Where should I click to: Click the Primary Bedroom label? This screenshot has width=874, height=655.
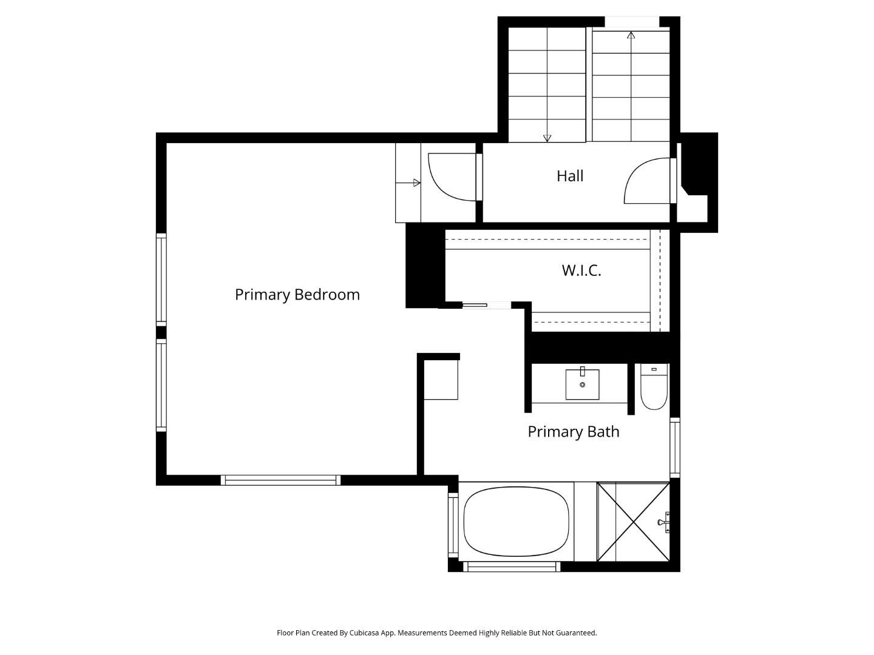coord(297,295)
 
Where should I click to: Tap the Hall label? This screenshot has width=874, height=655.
coord(570,176)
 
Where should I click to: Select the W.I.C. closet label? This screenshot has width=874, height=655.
coord(581,270)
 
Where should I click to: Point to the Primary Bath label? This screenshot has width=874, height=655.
coord(573,432)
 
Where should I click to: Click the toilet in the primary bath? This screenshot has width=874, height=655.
coord(654,388)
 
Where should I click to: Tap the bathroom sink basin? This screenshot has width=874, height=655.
coord(582,385)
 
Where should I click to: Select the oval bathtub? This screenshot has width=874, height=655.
coord(517,521)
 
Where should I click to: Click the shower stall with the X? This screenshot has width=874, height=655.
coord(633,522)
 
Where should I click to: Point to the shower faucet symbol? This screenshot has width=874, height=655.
coord(663,522)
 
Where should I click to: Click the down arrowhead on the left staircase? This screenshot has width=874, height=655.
coord(547,138)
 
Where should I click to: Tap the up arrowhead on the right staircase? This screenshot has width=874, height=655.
coord(631,35)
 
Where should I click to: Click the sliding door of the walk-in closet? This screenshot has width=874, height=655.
coord(475,305)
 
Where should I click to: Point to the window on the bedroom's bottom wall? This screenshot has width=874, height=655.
coord(280,480)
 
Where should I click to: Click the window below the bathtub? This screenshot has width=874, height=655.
coord(511,567)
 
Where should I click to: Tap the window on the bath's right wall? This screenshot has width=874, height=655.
coord(675,447)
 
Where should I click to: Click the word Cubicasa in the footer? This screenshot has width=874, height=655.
coord(364,633)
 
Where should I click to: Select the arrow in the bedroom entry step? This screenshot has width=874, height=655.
coord(417,183)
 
